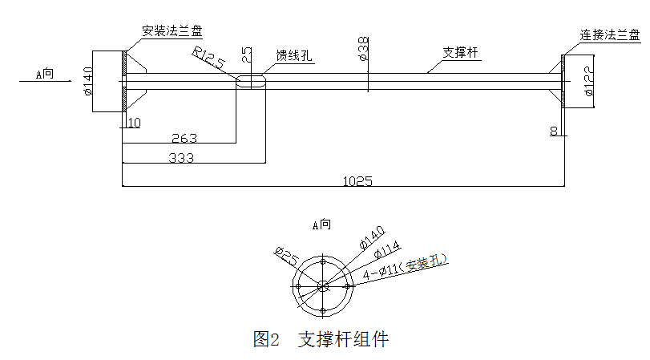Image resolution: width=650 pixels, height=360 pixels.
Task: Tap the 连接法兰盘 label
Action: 610,35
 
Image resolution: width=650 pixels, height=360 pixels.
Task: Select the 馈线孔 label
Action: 294,55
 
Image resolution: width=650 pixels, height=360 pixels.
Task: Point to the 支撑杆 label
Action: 460,53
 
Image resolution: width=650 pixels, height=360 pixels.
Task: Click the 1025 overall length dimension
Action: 358,180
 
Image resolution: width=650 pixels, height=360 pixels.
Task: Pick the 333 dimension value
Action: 181,157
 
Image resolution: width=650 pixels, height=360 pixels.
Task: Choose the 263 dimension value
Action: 184,139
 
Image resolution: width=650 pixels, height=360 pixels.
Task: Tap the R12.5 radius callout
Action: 208,59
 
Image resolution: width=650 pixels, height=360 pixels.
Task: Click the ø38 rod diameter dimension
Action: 362,48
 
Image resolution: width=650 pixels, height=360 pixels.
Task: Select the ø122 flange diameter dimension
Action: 590,81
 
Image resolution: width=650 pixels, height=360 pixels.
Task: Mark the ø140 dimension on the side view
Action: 89,80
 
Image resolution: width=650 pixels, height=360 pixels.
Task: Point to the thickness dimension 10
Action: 134,123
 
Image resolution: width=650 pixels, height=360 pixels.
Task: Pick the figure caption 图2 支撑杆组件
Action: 321,339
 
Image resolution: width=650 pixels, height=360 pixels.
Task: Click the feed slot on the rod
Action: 250,81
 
